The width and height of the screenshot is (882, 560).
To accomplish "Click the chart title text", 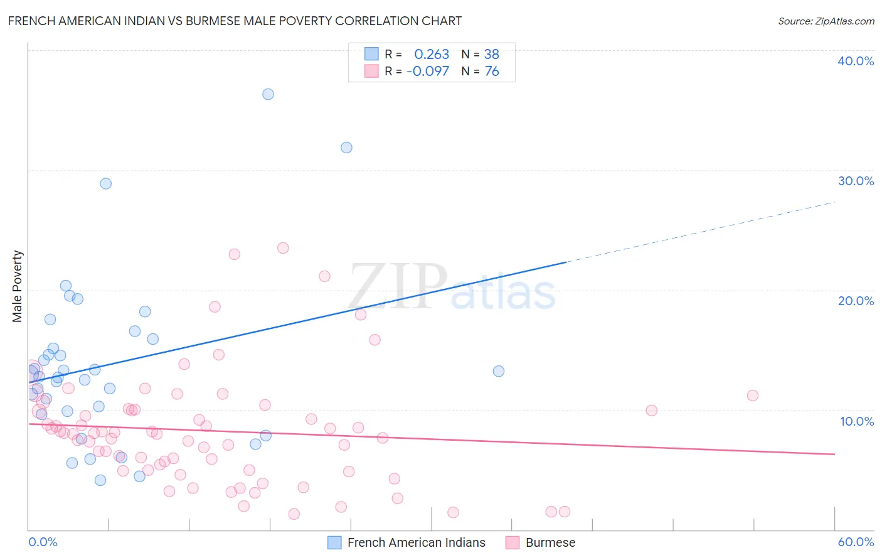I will point(235,21).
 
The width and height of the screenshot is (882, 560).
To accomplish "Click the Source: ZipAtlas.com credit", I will point(826,21).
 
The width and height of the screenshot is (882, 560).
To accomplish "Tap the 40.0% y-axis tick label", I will point(856,61).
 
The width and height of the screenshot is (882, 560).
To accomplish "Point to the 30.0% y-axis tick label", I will point(856,181).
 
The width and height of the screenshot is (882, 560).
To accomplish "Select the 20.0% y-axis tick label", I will point(856,301).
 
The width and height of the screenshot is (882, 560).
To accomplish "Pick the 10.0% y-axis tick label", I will point(856,421).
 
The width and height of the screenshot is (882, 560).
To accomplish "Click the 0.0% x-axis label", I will point(43,542).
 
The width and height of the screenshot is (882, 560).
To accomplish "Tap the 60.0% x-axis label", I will point(856,542).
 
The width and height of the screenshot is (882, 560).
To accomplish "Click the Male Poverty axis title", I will point(18,286).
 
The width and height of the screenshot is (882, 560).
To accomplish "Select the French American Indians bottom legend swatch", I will point(335,542).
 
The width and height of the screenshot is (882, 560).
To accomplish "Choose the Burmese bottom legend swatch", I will point(513,542).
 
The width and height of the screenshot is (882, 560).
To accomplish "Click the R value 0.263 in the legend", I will point(432,55).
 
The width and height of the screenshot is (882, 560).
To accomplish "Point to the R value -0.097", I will point(428,72).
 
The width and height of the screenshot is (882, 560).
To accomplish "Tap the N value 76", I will point(492,72).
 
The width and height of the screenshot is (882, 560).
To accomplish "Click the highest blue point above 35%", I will point(268,94).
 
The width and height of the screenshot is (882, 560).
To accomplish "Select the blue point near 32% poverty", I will point(346,148).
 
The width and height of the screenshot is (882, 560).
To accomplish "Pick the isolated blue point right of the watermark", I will point(499,371).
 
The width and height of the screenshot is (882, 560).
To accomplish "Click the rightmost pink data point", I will point(753,396).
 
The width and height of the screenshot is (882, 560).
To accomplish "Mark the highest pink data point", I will point(283,248).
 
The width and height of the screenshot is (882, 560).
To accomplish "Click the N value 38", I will point(492,55).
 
